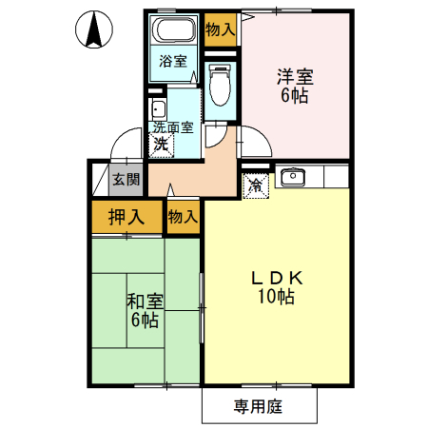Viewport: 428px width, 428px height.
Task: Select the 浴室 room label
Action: click(172, 62)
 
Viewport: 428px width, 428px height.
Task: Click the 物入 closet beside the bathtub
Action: click(220, 29)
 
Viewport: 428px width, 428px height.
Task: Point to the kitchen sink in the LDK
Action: click(292, 176)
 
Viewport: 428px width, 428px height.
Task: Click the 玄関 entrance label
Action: click(125, 178)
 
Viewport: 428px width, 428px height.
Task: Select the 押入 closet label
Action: click(126, 217)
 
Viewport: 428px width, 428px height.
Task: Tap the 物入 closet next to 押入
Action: click(183, 217)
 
